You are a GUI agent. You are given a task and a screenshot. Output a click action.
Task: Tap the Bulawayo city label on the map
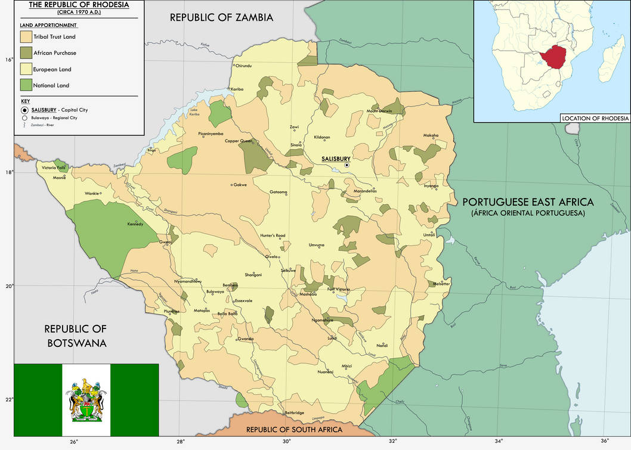pyautogui.click(x=215, y=291)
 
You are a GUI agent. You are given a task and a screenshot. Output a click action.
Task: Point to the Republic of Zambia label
pyautogui.click(x=221, y=17)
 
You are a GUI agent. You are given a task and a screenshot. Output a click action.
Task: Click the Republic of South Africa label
pyautogui.click(x=294, y=430)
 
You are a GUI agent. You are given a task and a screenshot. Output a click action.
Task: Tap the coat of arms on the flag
pyautogui.click(x=86, y=400)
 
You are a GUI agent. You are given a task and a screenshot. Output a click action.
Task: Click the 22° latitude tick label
pyautogui.click(x=9, y=399)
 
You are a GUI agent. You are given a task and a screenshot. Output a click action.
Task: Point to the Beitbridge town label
pyautogui.click(x=295, y=412)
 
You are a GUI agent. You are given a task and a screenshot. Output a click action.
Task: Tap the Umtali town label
pyautogui.click(x=429, y=235)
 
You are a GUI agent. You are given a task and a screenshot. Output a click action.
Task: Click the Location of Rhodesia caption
pyautogui.click(x=595, y=118)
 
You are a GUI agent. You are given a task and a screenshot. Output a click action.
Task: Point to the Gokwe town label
pyautogui.click(x=240, y=185)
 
